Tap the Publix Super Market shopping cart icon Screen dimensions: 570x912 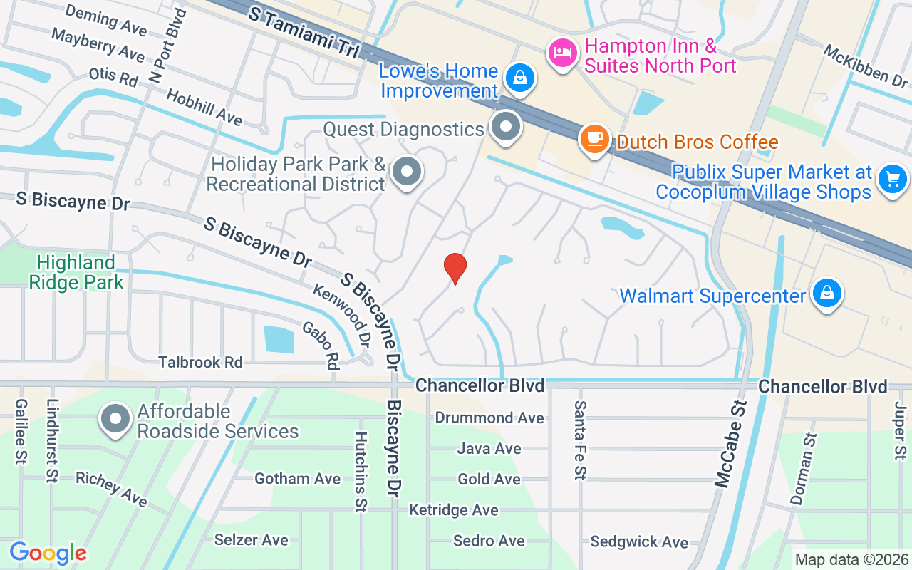pos(893,178)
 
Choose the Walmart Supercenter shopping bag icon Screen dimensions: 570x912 pos(826,294)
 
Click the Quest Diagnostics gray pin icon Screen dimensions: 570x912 pos(507,128)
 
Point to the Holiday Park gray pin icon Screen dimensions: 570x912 pos(407,172)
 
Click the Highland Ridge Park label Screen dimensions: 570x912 pos(76,272)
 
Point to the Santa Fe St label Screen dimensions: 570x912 pos(581,440)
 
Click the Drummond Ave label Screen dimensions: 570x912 pos(489,418)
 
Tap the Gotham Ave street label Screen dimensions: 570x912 pos(298,479)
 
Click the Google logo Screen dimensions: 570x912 pos(48,553)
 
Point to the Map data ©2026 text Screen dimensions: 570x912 pos(851,560)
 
